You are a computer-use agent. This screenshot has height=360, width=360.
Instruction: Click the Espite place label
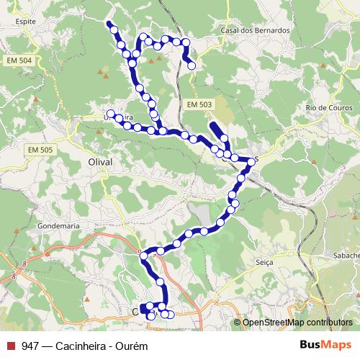click(x=25, y=22)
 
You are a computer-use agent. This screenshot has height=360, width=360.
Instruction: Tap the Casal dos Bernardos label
click(x=255, y=31)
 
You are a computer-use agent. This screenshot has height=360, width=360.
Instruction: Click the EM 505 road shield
click(x=42, y=149)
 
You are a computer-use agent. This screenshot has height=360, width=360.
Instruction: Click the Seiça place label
click(x=264, y=263)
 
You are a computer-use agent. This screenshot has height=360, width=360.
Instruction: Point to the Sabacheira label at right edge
click(x=344, y=254)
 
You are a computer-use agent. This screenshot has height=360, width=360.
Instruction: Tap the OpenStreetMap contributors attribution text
click(x=297, y=323)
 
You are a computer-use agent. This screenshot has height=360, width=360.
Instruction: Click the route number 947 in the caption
click(x=30, y=346)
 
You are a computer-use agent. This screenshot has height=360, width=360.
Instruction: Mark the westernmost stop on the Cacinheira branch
click(x=111, y=113)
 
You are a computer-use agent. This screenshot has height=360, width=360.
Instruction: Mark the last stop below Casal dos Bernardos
click(x=192, y=66)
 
